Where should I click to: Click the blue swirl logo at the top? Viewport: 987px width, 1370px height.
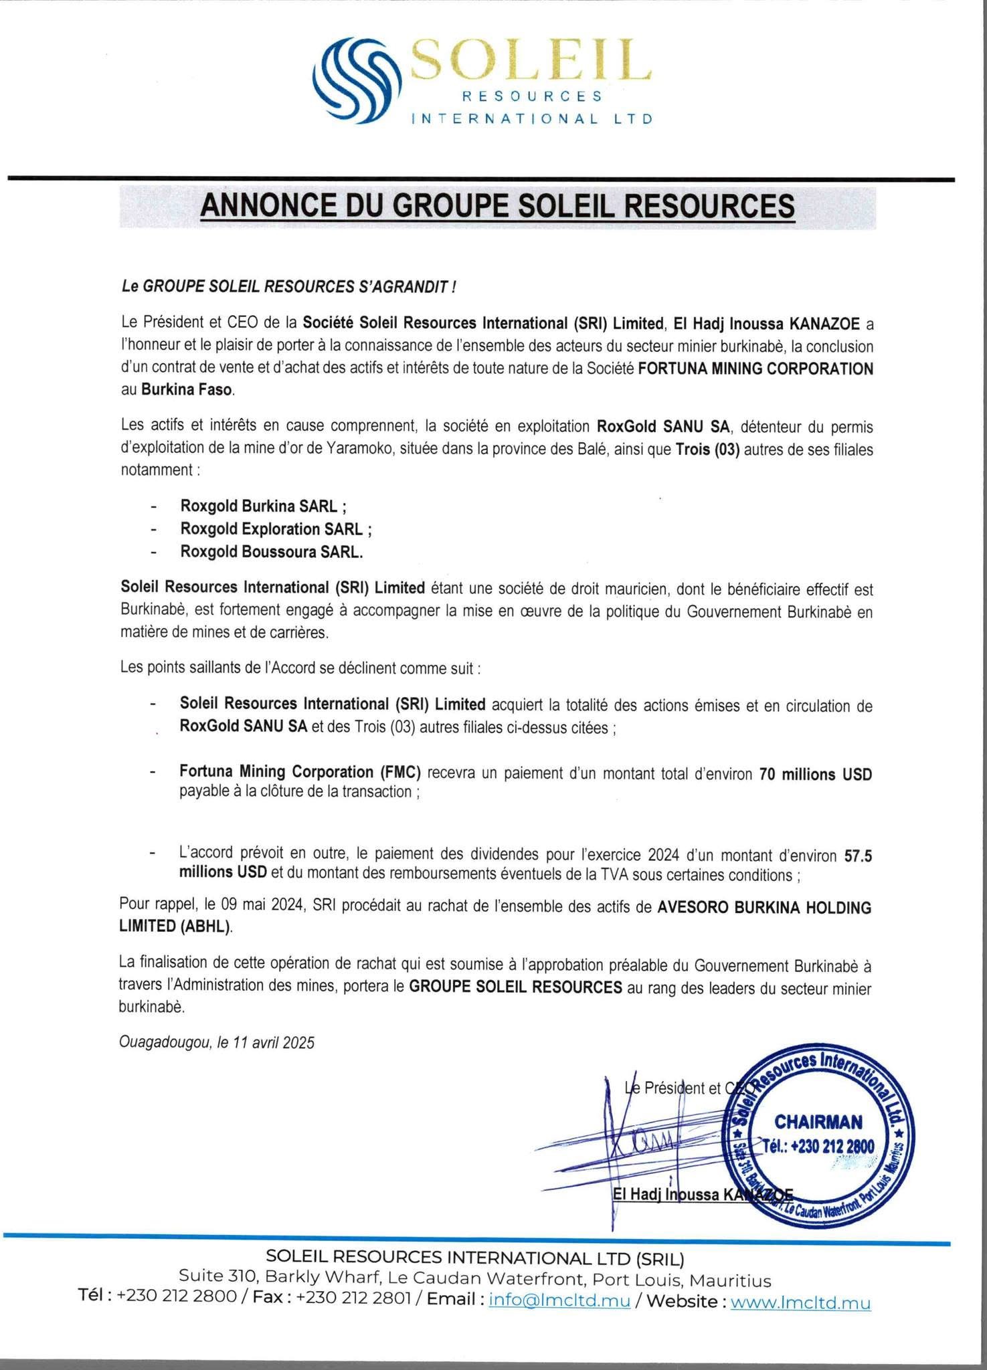point(361,80)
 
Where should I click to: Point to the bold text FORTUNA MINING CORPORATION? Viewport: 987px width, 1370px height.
point(755,369)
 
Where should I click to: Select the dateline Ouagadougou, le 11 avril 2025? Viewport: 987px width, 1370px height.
point(216,1042)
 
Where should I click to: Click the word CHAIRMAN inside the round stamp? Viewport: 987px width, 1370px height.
point(818,1122)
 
